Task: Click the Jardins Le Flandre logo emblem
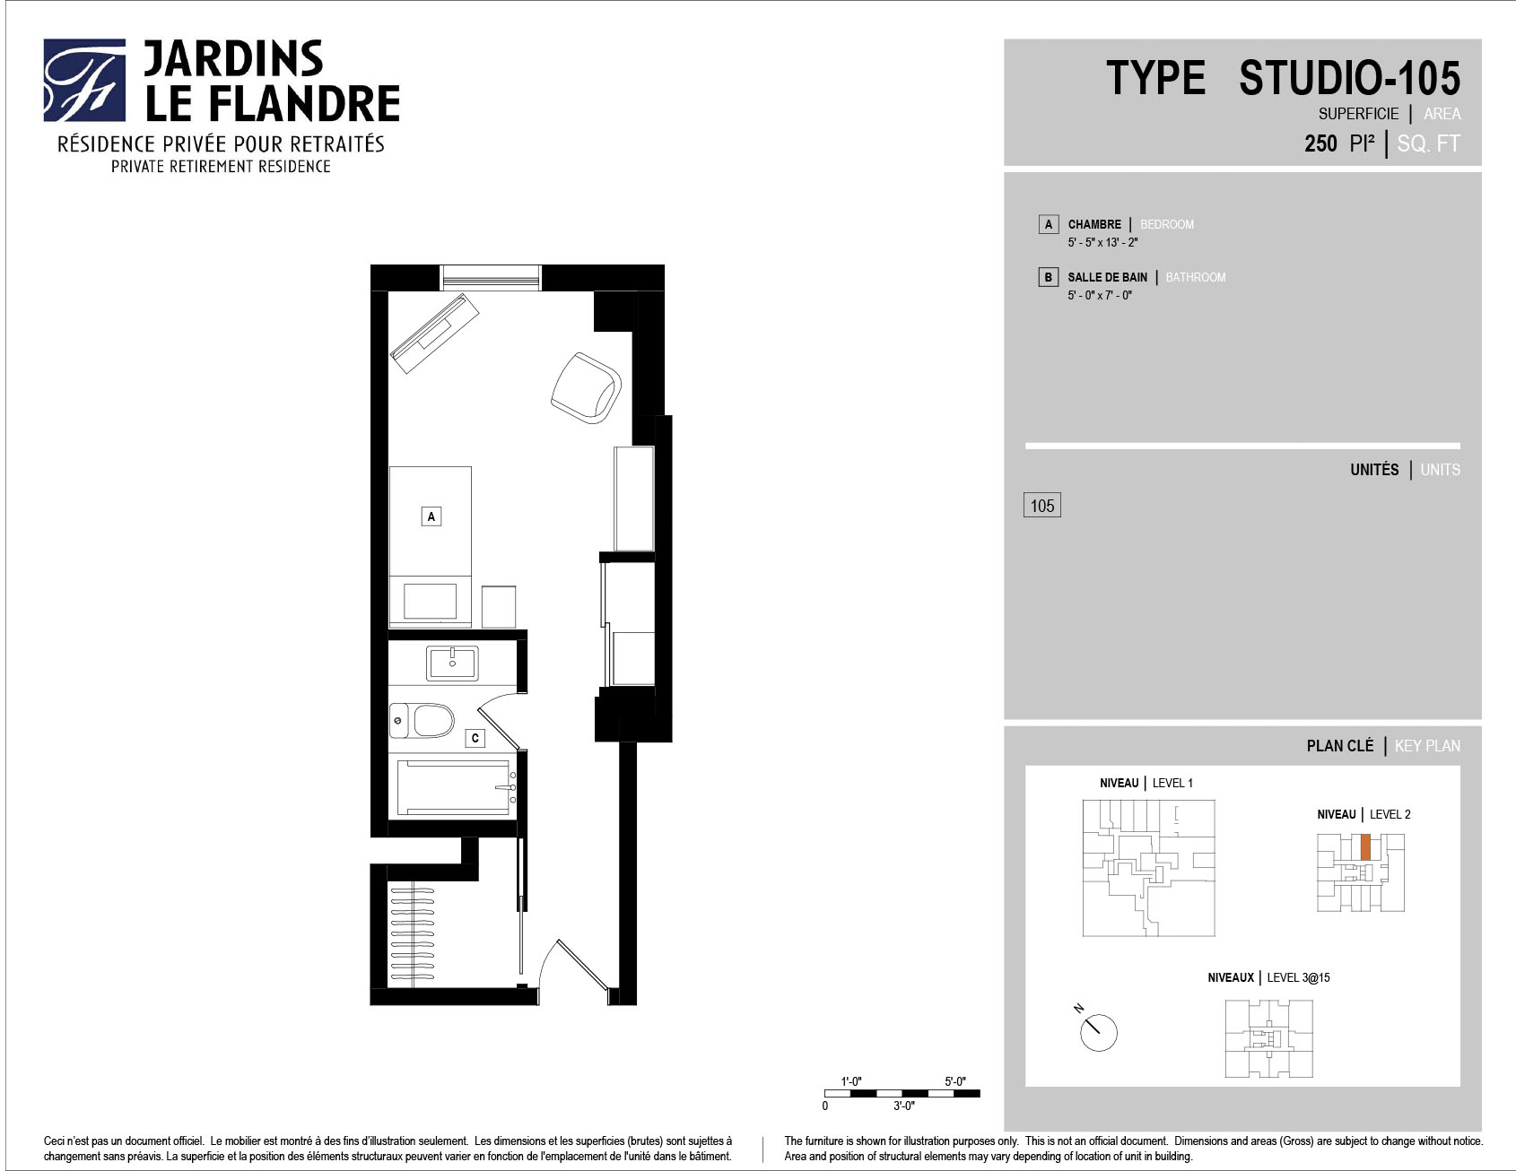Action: coord(84,80)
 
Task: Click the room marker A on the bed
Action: coord(431,516)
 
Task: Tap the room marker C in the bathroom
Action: coord(475,738)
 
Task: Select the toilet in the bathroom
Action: coord(423,720)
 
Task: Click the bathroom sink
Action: coord(452,664)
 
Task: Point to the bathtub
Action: coord(457,787)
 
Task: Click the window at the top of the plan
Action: coord(492,277)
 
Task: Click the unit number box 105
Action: coord(1042,506)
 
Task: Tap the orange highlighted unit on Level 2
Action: coord(1365,847)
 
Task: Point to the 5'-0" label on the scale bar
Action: coord(955,1082)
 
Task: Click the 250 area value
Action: coord(1320,143)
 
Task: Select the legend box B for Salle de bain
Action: coord(1048,277)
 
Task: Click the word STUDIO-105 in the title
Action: coord(1350,78)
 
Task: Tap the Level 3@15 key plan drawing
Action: coord(1269,1038)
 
